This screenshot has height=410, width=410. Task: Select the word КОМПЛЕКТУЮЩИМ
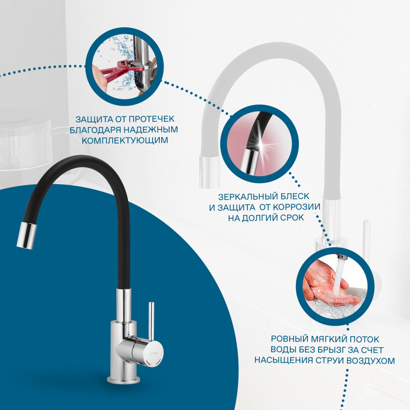tap(125, 140)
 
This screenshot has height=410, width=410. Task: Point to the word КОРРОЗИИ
tap(297, 207)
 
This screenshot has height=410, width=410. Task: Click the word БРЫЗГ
tap(330, 350)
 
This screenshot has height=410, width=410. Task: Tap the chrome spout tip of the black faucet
tap(27, 236)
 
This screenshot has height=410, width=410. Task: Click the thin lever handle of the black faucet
tap(151, 321)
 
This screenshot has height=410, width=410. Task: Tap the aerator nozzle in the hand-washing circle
tap(342, 258)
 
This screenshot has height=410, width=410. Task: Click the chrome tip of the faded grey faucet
tap(209, 172)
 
